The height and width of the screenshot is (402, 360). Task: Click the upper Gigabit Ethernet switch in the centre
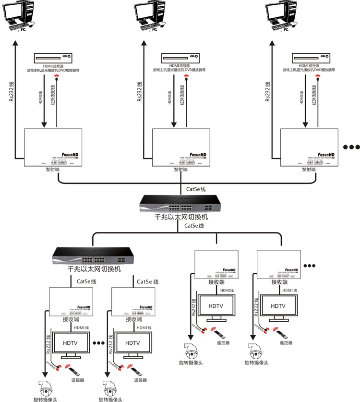[180, 204]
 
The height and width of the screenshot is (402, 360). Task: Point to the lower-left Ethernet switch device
[94, 256]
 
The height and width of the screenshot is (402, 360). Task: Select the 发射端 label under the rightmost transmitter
[309, 170]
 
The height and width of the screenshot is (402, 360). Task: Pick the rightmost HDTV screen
[278, 306]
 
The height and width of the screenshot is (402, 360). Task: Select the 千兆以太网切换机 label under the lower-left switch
[93, 269]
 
